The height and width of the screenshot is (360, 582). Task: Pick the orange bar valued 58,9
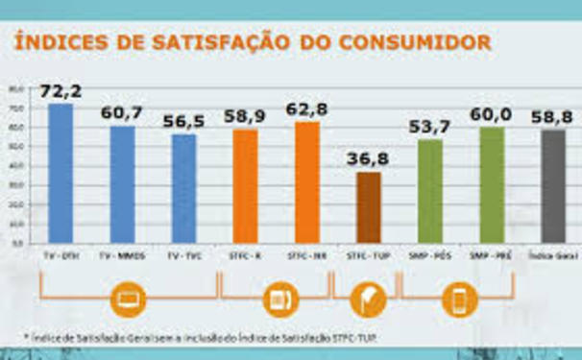[245, 186]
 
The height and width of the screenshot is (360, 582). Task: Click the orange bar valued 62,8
[307, 182]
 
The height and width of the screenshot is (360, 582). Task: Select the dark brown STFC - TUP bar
[369, 207]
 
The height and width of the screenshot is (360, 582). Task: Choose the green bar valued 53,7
[430, 191]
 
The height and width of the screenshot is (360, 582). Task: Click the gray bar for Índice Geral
[553, 187]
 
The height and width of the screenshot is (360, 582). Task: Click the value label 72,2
[60, 91]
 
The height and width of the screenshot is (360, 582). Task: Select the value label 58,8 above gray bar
[554, 116]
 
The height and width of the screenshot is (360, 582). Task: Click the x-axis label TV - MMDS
[122, 256]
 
